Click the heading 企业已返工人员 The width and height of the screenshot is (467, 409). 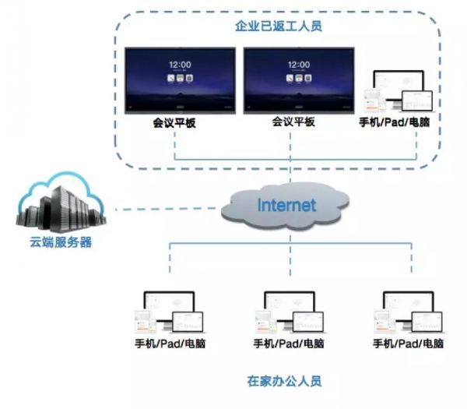pos(278,26)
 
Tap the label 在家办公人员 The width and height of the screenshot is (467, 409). pos(283,382)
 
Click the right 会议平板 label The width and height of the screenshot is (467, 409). pos(293,122)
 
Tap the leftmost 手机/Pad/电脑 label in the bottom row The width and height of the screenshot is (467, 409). pos(169,344)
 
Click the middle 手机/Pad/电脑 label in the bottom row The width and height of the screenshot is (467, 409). pos(289,344)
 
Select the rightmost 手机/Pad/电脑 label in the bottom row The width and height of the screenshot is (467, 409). pos(409,344)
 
